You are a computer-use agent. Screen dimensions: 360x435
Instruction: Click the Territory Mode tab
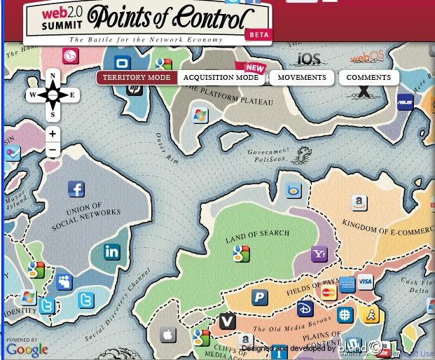click(137, 78)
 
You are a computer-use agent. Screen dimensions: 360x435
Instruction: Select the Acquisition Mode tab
click(221, 78)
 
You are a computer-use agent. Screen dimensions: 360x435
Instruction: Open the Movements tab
click(302, 78)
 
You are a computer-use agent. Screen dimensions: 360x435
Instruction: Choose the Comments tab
click(368, 78)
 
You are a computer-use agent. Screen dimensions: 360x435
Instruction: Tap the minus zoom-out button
click(53, 150)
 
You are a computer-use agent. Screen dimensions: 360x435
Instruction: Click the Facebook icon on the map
click(76, 188)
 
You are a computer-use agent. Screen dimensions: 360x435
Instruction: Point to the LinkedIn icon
click(112, 251)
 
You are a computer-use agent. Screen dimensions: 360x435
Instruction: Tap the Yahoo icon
click(319, 254)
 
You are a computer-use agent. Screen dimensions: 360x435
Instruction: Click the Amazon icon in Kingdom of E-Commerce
click(359, 203)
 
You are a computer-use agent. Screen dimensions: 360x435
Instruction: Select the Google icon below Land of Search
click(242, 254)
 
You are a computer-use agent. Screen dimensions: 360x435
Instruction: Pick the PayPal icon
click(260, 297)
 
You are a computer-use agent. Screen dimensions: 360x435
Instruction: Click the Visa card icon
click(365, 282)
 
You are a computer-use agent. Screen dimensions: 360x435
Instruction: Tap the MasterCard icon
click(328, 293)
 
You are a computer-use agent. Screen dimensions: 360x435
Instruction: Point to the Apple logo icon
click(168, 334)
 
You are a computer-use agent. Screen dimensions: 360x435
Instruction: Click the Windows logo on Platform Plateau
click(200, 114)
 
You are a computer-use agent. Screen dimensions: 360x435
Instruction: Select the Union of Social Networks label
click(84, 218)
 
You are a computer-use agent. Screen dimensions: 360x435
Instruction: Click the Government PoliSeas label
click(268, 155)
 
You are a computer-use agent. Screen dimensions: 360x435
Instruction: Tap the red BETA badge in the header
click(257, 34)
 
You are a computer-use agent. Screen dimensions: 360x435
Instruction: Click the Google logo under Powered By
click(27, 349)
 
